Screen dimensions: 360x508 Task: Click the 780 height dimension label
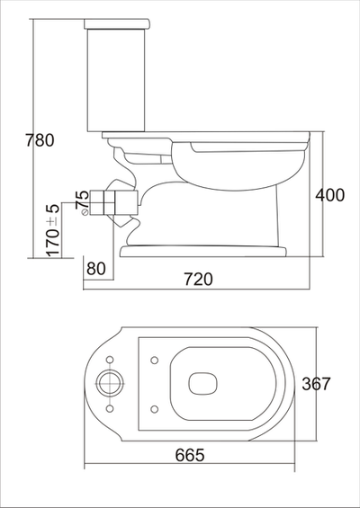coord(40,140)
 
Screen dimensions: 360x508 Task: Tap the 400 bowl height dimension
coord(330,195)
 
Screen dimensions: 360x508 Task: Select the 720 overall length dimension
coord(199,279)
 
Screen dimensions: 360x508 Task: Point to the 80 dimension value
coord(96,268)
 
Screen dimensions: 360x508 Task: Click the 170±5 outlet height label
coord(53,230)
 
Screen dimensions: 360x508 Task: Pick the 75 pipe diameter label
coord(81,200)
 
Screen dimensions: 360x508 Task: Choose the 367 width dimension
coord(316,384)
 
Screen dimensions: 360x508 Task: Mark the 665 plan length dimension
coord(190,455)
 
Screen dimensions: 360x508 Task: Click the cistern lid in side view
coord(117,23)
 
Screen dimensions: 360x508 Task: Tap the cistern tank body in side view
coord(116,80)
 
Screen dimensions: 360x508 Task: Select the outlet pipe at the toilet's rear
coord(113,202)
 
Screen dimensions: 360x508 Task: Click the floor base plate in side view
coord(203,252)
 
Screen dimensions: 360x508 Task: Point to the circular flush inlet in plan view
coord(111,384)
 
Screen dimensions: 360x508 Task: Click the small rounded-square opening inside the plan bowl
coord(202,384)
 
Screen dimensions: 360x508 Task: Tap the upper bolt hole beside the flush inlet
coord(110,360)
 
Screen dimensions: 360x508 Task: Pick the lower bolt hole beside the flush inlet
coord(110,408)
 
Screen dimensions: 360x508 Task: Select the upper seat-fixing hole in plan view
coord(155,360)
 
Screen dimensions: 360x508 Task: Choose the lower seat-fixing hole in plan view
coord(155,409)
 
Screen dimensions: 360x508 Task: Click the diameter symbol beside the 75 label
coord(85,212)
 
